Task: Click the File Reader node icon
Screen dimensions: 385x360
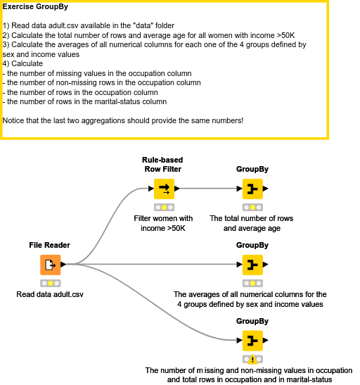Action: coord(50,265)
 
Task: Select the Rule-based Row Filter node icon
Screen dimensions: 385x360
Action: coord(163,189)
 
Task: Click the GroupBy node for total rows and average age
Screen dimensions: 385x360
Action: coord(252,189)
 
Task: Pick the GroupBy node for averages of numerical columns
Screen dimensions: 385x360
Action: coord(252,265)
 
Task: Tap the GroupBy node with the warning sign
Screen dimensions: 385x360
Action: coord(252,341)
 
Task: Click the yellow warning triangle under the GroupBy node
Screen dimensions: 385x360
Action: coord(252,360)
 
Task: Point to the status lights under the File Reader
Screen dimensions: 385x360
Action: coord(50,283)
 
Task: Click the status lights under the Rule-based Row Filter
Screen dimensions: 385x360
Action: coord(163,207)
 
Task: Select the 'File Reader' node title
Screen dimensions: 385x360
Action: coord(50,245)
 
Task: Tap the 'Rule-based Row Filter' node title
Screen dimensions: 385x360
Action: coord(162,164)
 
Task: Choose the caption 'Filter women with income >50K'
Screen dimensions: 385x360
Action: coord(163,223)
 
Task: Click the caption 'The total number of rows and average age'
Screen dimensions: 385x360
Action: coord(252,223)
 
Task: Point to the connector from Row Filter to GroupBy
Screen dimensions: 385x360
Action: coord(207,189)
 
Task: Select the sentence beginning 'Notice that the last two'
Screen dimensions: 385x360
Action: coord(123,120)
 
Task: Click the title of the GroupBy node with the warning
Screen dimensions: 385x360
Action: coord(252,321)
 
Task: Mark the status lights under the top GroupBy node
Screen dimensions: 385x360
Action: coord(252,207)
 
